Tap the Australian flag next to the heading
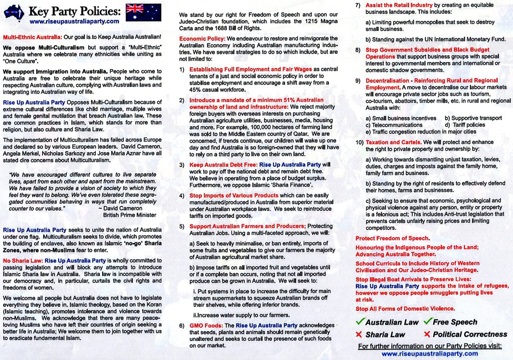click(143, 12)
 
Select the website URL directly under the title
click(75, 22)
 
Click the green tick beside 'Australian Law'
click(359, 321)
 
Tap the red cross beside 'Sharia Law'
click(359, 334)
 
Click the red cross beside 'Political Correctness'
click(427, 334)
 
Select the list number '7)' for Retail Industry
click(358, 5)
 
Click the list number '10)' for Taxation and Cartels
click(359, 142)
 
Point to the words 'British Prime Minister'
click(130, 215)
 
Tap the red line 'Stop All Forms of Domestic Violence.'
click(398, 308)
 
